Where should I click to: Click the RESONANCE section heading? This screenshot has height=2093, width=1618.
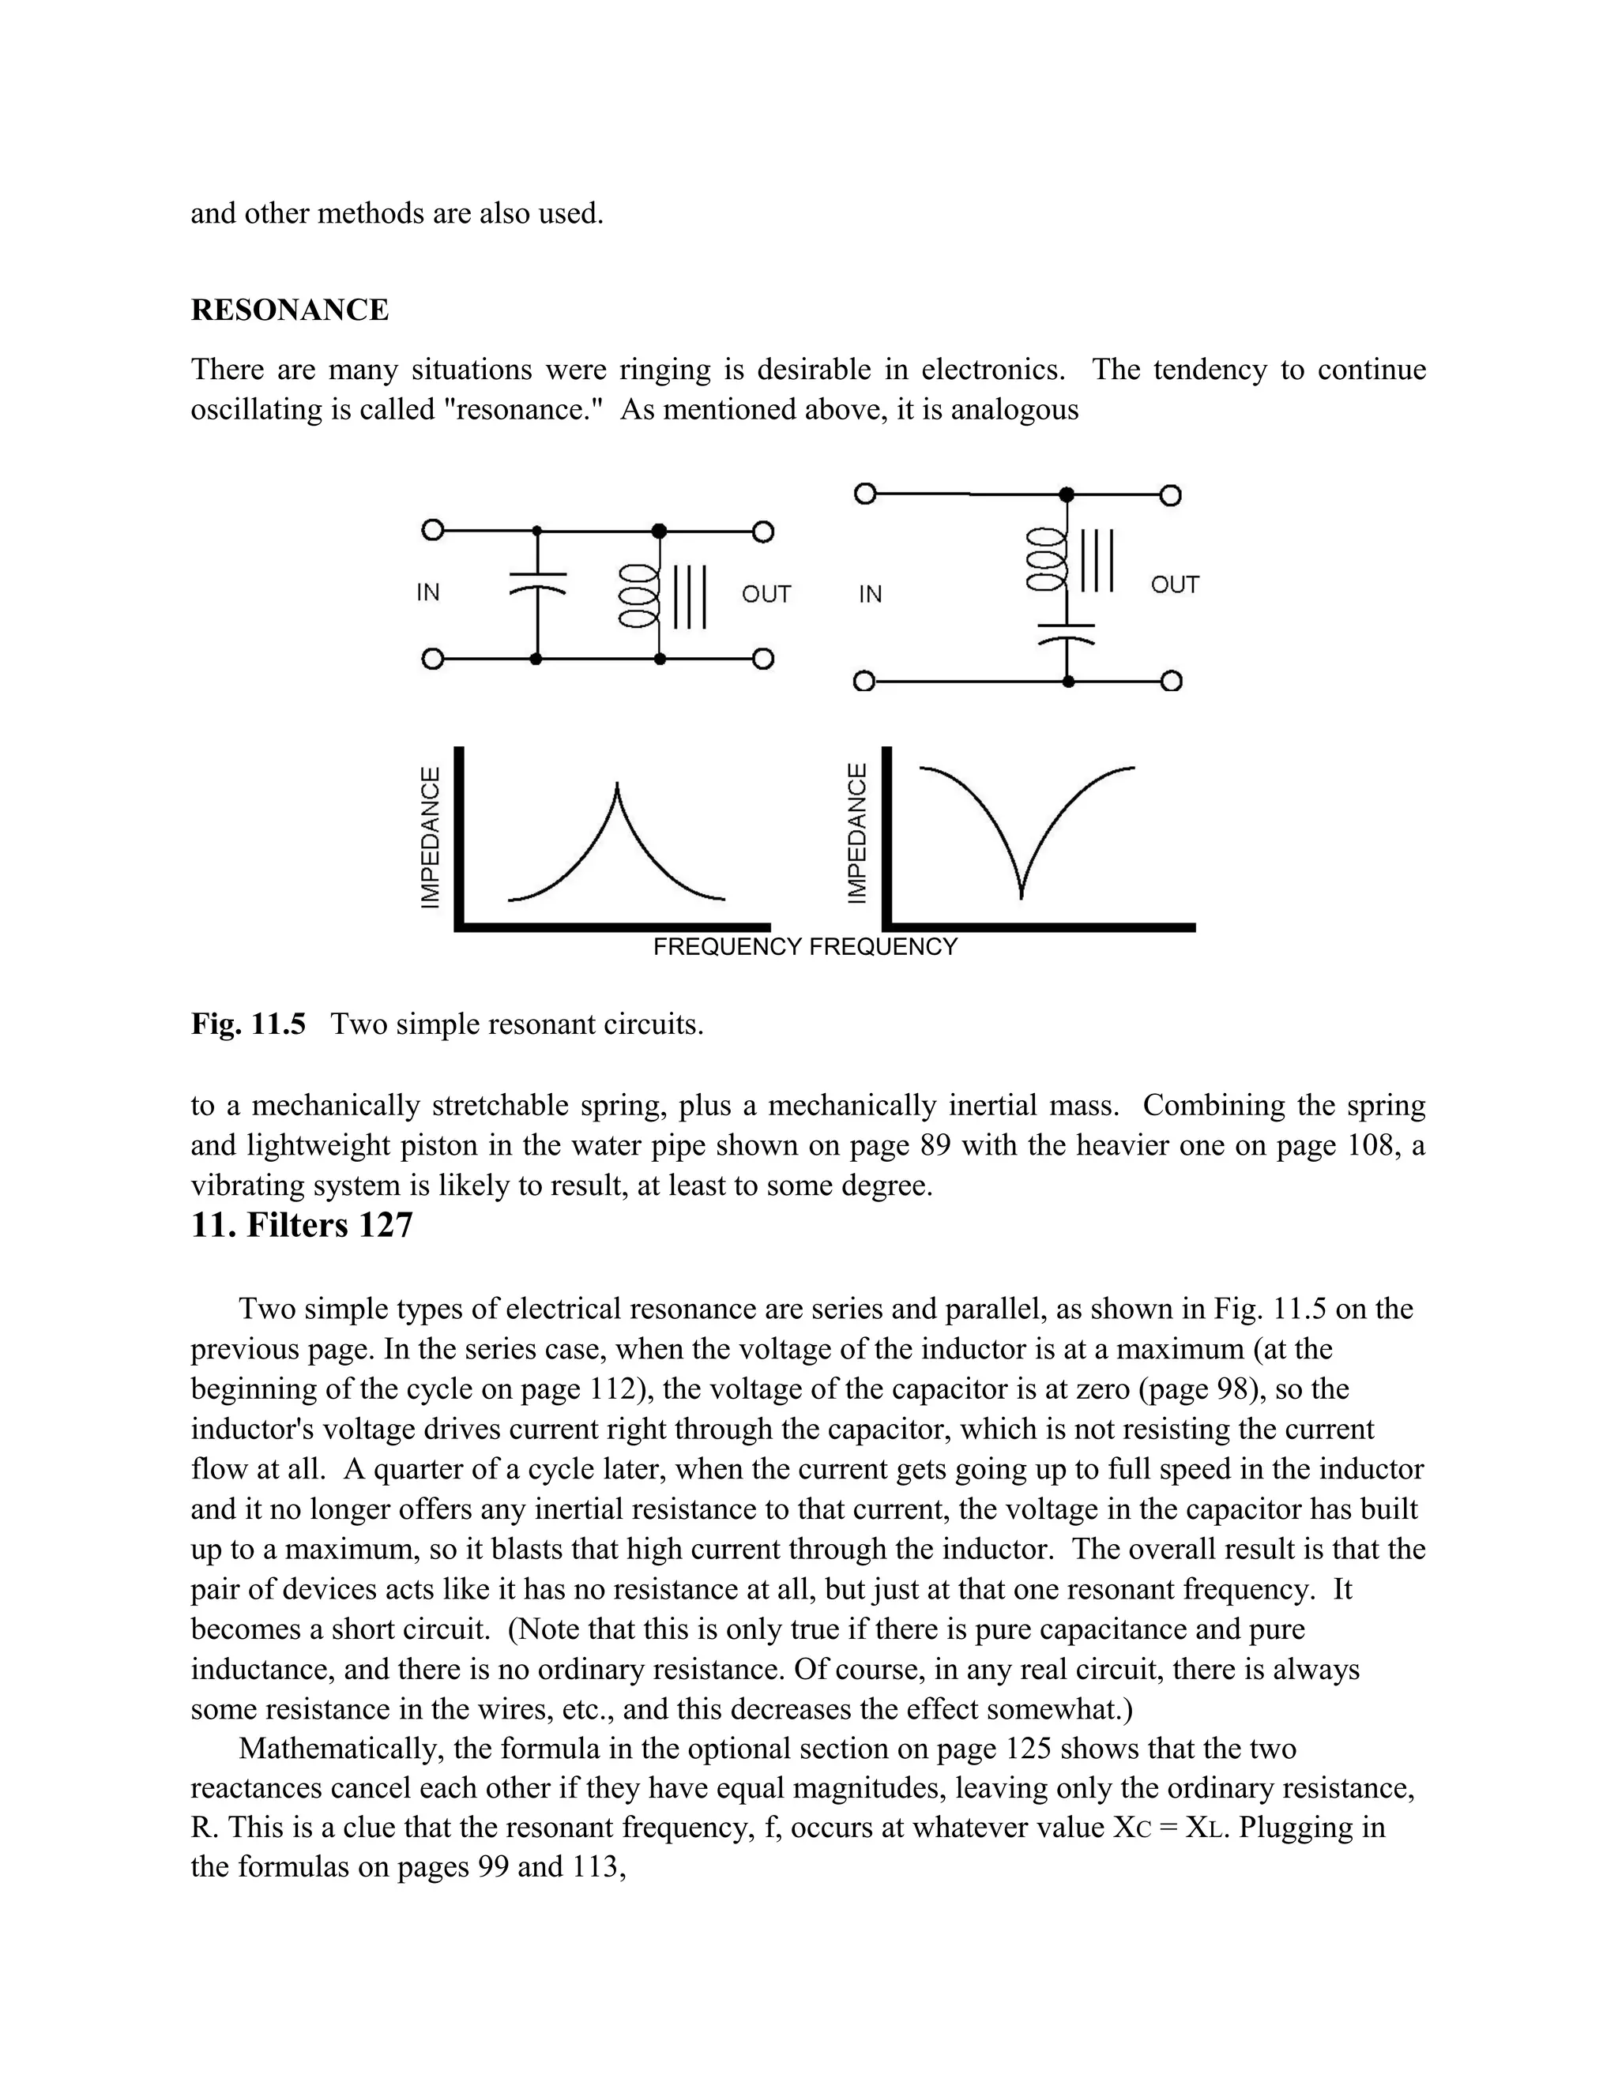click(289, 310)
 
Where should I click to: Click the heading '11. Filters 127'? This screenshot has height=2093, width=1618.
click(301, 1226)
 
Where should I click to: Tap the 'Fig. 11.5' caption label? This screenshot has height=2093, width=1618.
click(248, 1024)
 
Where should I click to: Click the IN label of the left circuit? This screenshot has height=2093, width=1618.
click(427, 593)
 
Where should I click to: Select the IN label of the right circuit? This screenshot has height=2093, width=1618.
click(871, 594)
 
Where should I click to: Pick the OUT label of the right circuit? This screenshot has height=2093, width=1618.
click(1174, 584)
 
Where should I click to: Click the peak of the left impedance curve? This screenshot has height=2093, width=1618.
click(617, 787)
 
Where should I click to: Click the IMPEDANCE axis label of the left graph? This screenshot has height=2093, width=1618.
click(431, 836)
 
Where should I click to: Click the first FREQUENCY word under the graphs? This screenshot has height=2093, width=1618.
click(728, 948)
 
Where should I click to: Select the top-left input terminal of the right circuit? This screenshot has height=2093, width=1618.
click(864, 494)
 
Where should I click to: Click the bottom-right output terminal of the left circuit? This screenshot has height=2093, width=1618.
click(763, 659)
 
